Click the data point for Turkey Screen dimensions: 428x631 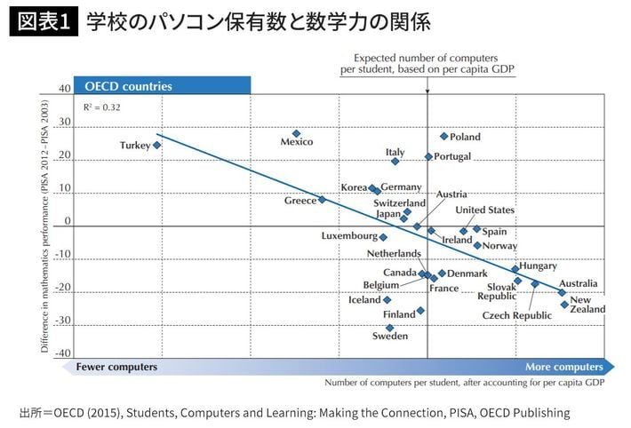(157, 145)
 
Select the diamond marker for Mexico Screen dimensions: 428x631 (297, 134)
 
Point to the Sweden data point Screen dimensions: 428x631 (390, 328)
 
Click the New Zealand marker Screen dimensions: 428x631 (564, 305)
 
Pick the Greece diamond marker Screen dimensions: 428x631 (322, 200)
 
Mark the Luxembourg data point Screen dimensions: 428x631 (383, 237)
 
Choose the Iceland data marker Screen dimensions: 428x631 (387, 300)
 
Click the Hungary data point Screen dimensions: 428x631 (515, 269)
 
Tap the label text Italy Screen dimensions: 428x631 (395, 153)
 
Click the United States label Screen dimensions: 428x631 (484, 210)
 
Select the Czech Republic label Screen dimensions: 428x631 (517, 315)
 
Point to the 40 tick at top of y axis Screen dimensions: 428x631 (65, 89)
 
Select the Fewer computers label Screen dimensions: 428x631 (116, 367)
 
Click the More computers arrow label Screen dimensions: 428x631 (563, 367)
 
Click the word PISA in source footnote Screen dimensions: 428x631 (459, 412)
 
